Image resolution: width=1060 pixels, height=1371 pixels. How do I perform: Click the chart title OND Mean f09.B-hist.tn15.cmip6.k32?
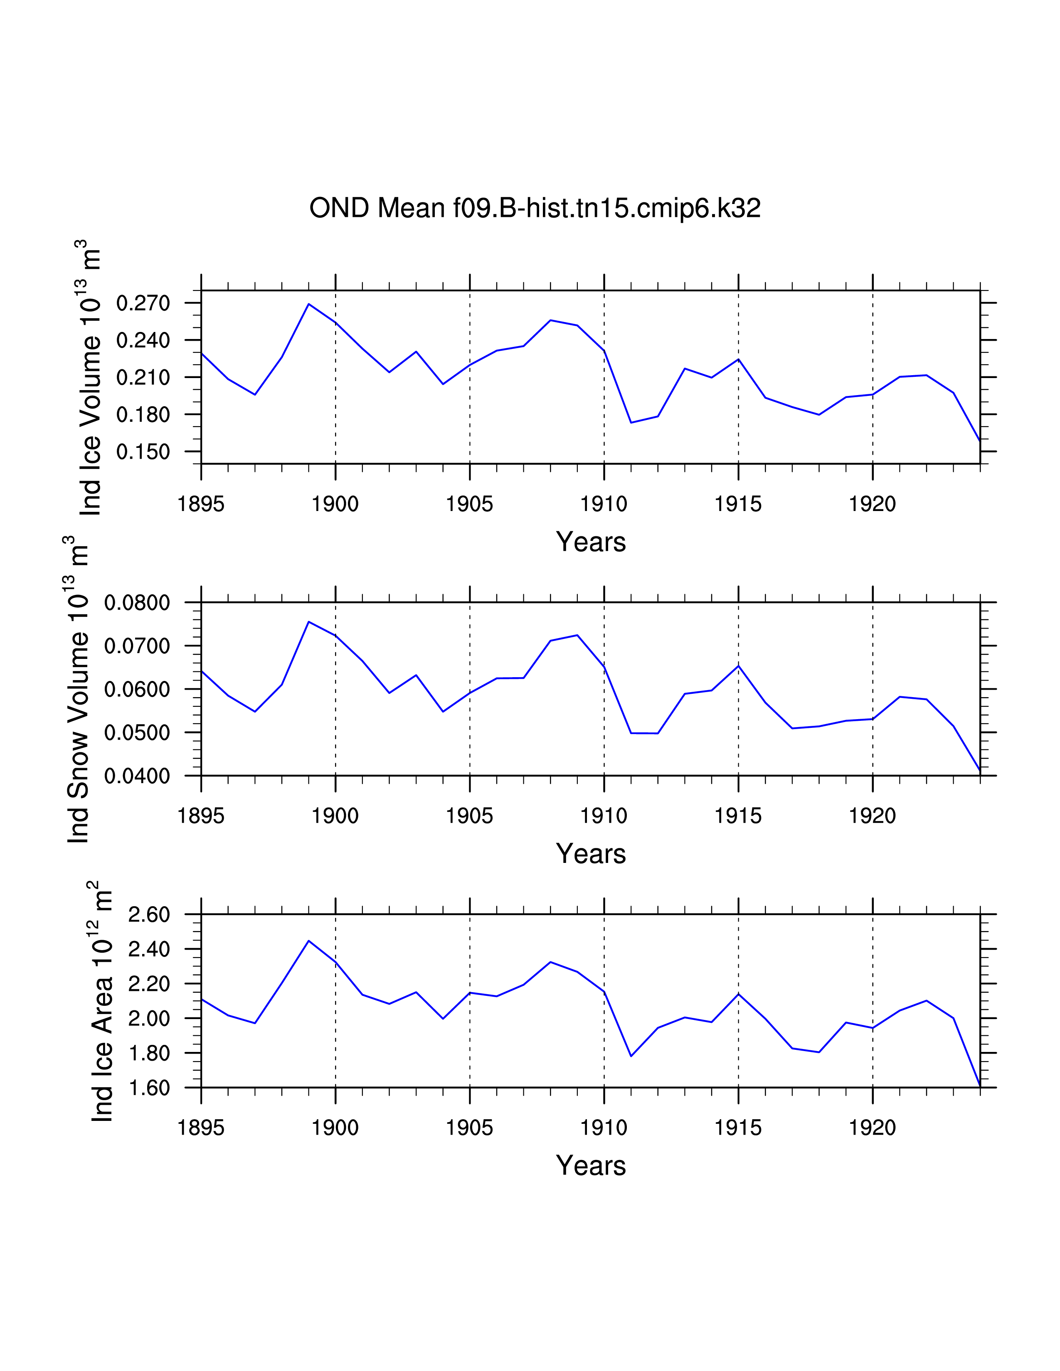pos(535,208)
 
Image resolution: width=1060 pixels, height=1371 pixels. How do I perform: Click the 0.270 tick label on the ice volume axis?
pos(143,303)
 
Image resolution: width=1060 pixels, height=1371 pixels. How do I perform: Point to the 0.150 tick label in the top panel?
pos(143,452)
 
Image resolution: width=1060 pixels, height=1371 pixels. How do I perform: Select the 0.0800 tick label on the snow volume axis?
pos(137,603)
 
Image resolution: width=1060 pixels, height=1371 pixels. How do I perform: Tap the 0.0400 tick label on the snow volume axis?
pos(137,776)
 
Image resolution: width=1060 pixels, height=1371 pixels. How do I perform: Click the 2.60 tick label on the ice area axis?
pos(149,915)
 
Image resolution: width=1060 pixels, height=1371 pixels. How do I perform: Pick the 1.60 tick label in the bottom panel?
pos(149,1088)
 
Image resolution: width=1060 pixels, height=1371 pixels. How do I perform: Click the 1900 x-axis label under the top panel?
pos(335,504)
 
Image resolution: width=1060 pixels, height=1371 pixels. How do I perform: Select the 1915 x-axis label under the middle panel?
pos(738,816)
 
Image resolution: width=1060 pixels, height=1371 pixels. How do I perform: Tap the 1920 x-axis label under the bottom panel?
pos(872,1128)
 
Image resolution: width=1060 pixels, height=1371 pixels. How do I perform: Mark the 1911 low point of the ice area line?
pos(631,1056)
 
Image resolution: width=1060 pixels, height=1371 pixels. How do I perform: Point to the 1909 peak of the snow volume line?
pos(577,635)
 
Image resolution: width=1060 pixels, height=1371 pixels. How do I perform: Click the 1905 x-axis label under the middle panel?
pos(470,816)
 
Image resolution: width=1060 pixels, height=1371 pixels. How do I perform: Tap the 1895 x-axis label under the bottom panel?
pos(201,1128)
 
